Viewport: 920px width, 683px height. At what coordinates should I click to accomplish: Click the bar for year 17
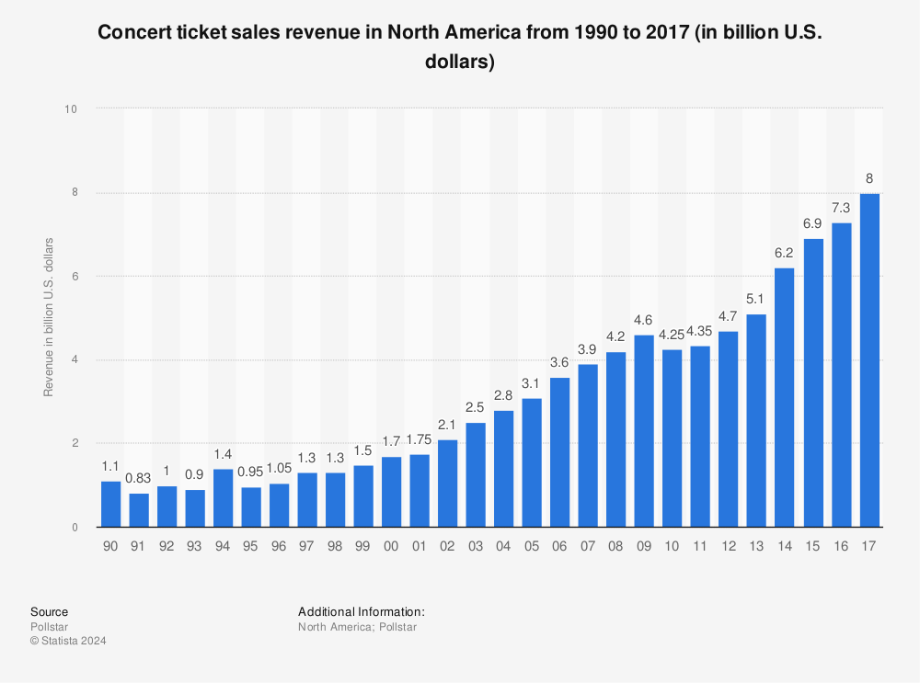(x=868, y=360)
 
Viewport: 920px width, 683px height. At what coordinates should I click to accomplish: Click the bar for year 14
(x=785, y=398)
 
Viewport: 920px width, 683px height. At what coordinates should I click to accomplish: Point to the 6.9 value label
(x=812, y=224)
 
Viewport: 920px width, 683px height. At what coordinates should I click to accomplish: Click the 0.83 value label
(x=138, y=479)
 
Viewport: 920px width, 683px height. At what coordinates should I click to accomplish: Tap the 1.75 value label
(x=419, y=439)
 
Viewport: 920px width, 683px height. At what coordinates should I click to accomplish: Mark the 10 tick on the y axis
(x=71, y=108)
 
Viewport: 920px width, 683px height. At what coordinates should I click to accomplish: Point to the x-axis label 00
(x=391, y=546)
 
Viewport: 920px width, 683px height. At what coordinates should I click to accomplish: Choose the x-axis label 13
(x=756, y=546)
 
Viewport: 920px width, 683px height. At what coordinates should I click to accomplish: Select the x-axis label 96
(x=279, y=546)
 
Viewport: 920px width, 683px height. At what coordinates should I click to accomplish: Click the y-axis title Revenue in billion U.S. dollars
(x=48, y=317)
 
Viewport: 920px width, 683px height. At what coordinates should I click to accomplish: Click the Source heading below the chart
(x=49, y=611)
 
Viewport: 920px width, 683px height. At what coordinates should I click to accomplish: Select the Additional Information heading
(x=362, y=611)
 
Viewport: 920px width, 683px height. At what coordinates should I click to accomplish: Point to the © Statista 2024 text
(x=68, y=641)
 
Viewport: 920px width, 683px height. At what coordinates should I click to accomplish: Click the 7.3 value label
(x=841, y=209)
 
